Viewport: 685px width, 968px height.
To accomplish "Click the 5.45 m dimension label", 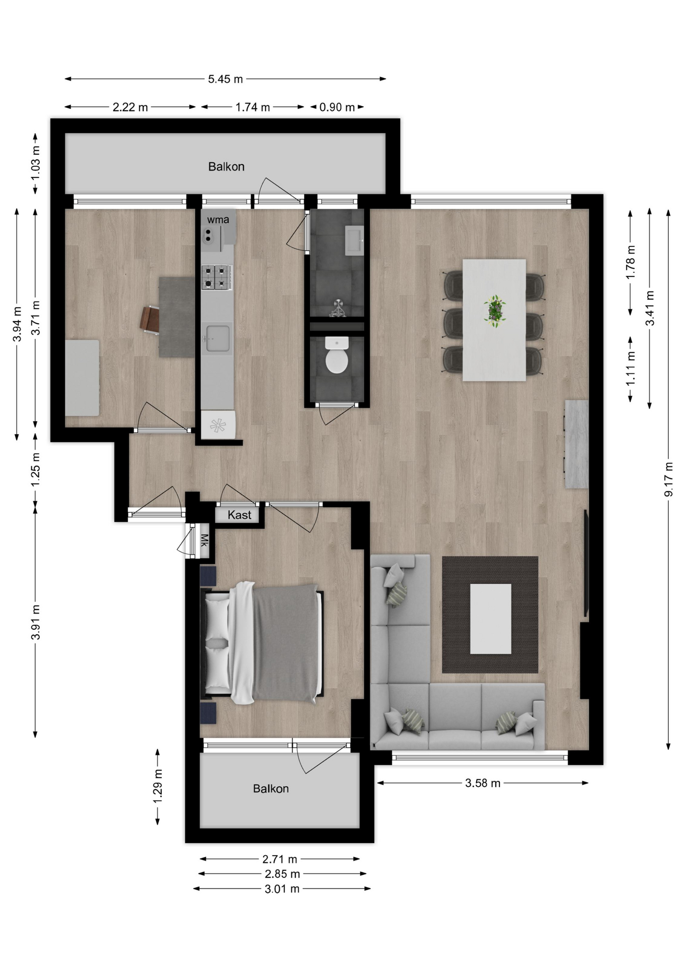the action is [x=225, y=79].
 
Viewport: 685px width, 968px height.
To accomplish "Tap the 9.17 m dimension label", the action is [x=668, y=479].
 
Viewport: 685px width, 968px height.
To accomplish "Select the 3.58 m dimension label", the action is [x=483, y=783].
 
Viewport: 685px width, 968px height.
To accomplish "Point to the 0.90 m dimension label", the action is [x=337, y=107].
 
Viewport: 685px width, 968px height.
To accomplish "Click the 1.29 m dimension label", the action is [x=157, y=786].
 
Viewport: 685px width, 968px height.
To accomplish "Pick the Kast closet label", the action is [x=239, y=515].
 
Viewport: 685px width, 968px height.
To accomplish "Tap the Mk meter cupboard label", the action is [x=204, y=540].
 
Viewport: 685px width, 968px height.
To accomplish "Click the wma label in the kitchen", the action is [x=218, y=220].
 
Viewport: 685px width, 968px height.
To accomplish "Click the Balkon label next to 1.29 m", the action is [x=271, y=789].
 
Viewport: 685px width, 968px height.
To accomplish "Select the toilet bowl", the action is [x=336, y=356].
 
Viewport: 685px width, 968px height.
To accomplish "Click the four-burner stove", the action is [x=217, y=277].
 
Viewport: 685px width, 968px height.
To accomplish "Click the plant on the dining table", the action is [x=494, y=311].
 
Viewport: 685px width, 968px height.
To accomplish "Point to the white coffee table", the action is [x=491, y=619].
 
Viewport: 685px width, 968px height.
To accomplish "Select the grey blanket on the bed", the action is [x=286, y=643].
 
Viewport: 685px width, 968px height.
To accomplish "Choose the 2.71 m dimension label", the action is [x=279, y=859].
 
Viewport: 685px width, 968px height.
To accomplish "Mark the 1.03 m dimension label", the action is [x=35, y=163].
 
